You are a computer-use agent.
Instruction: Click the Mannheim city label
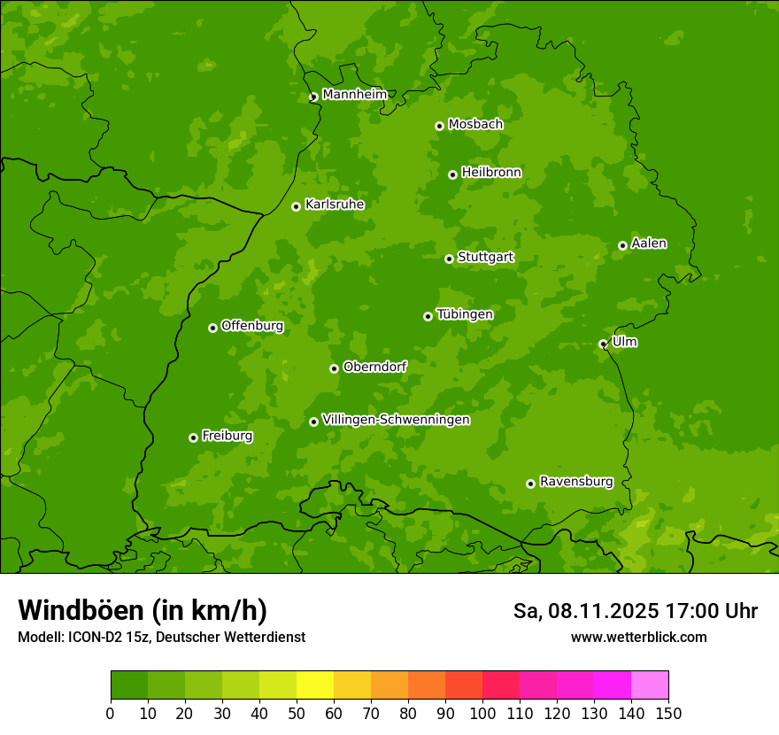[x=354, y=95]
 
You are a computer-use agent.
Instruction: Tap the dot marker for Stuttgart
[x=449, y=259]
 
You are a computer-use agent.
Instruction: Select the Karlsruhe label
[x=334, y=205]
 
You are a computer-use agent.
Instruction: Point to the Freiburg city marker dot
[x=193, y=437]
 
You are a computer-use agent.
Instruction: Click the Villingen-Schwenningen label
[x=396, y=420]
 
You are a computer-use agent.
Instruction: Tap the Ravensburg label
[x=575, y=482]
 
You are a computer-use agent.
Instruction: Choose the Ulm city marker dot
[x=603, y=344]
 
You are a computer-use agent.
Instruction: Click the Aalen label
[x=648, y=244]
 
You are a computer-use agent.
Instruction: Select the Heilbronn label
[x=490, y=173]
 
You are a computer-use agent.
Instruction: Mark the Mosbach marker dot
[x=439, y=126]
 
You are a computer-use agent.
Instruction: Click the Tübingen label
[x=464, y=314]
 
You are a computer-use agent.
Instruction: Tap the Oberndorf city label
[x=374, y=367]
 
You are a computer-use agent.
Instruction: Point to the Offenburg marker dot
[x=212, y=328]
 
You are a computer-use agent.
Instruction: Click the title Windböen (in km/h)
[x=142, y=610]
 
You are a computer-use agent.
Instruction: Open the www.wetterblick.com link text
[x=638, y=637]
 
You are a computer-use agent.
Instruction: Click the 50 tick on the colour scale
[x=297, y=713]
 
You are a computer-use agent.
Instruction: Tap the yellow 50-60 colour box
[x=315, y=685]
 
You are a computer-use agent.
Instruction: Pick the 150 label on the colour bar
[x=668, y=713]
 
